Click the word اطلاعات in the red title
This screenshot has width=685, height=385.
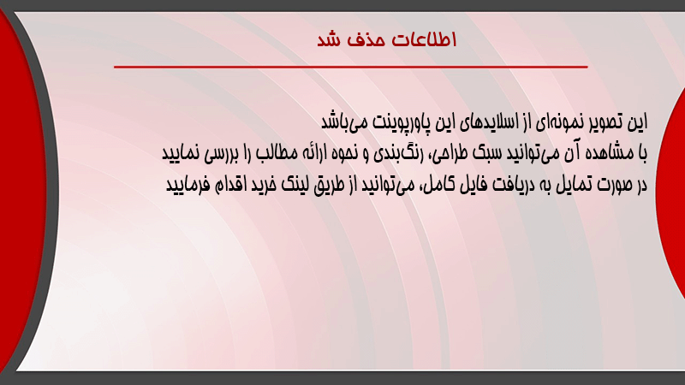(x=424, y=39)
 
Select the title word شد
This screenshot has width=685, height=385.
(x=329, y=40)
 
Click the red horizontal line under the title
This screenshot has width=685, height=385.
(x=351, y=67)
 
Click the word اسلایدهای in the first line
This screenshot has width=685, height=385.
(x=490, y=122)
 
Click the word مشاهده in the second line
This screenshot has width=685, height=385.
(x=610, y=153)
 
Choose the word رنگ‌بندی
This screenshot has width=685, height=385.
(x=398, y=153)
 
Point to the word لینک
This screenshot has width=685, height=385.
(x=295, y=185)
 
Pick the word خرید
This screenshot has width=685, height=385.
(x=261, y=185)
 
